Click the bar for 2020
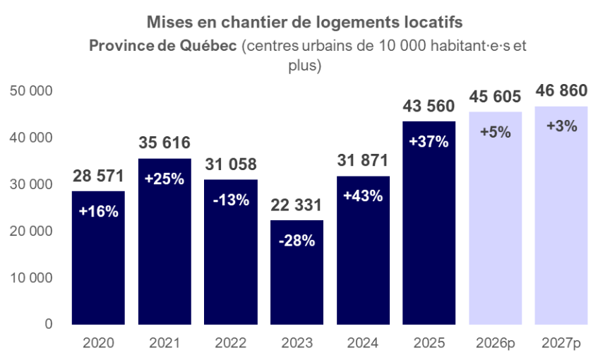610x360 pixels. tap(98, 258)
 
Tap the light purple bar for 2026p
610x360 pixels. tap(495, 219)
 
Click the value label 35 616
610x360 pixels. tap(164, 144)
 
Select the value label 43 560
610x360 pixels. tap(429, 107)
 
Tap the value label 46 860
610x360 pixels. tap(561, 92)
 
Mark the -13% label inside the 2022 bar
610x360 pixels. tap(230, 200)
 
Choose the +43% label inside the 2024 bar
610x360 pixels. tap(363, 196)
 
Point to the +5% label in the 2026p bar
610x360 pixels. tap(495, 132)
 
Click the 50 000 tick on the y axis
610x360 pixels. tap(32, 91)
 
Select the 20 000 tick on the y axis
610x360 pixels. tap(32, 231)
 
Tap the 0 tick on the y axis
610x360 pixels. tap(47, 324)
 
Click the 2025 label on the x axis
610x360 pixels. tap(429, 344)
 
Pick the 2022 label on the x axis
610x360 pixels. tap(230, 344)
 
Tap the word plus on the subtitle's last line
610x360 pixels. tap(305, 66)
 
